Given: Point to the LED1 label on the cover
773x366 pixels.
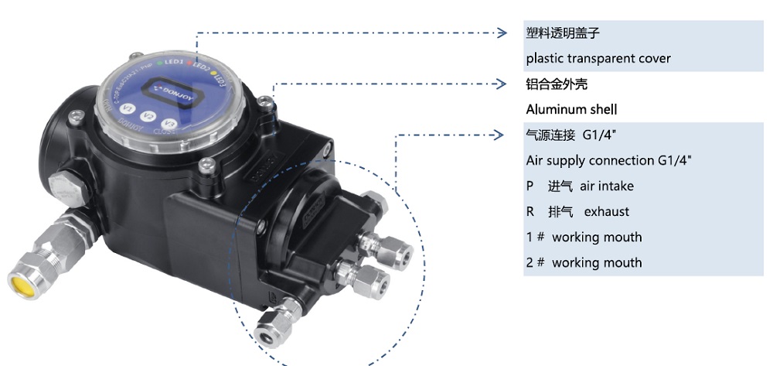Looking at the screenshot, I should (174, 60).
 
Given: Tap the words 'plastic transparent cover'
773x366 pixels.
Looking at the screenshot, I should (598, 59).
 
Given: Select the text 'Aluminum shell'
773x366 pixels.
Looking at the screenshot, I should (571, 110).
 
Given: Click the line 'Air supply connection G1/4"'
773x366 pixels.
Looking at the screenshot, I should (608, 161).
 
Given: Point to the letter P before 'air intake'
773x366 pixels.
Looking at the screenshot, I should (530, 186).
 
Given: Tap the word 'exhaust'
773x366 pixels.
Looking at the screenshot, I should (606, 212).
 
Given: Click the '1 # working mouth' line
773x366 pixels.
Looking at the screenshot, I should (584, 238).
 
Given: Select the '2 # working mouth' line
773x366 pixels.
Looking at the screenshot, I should (584, 263).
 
